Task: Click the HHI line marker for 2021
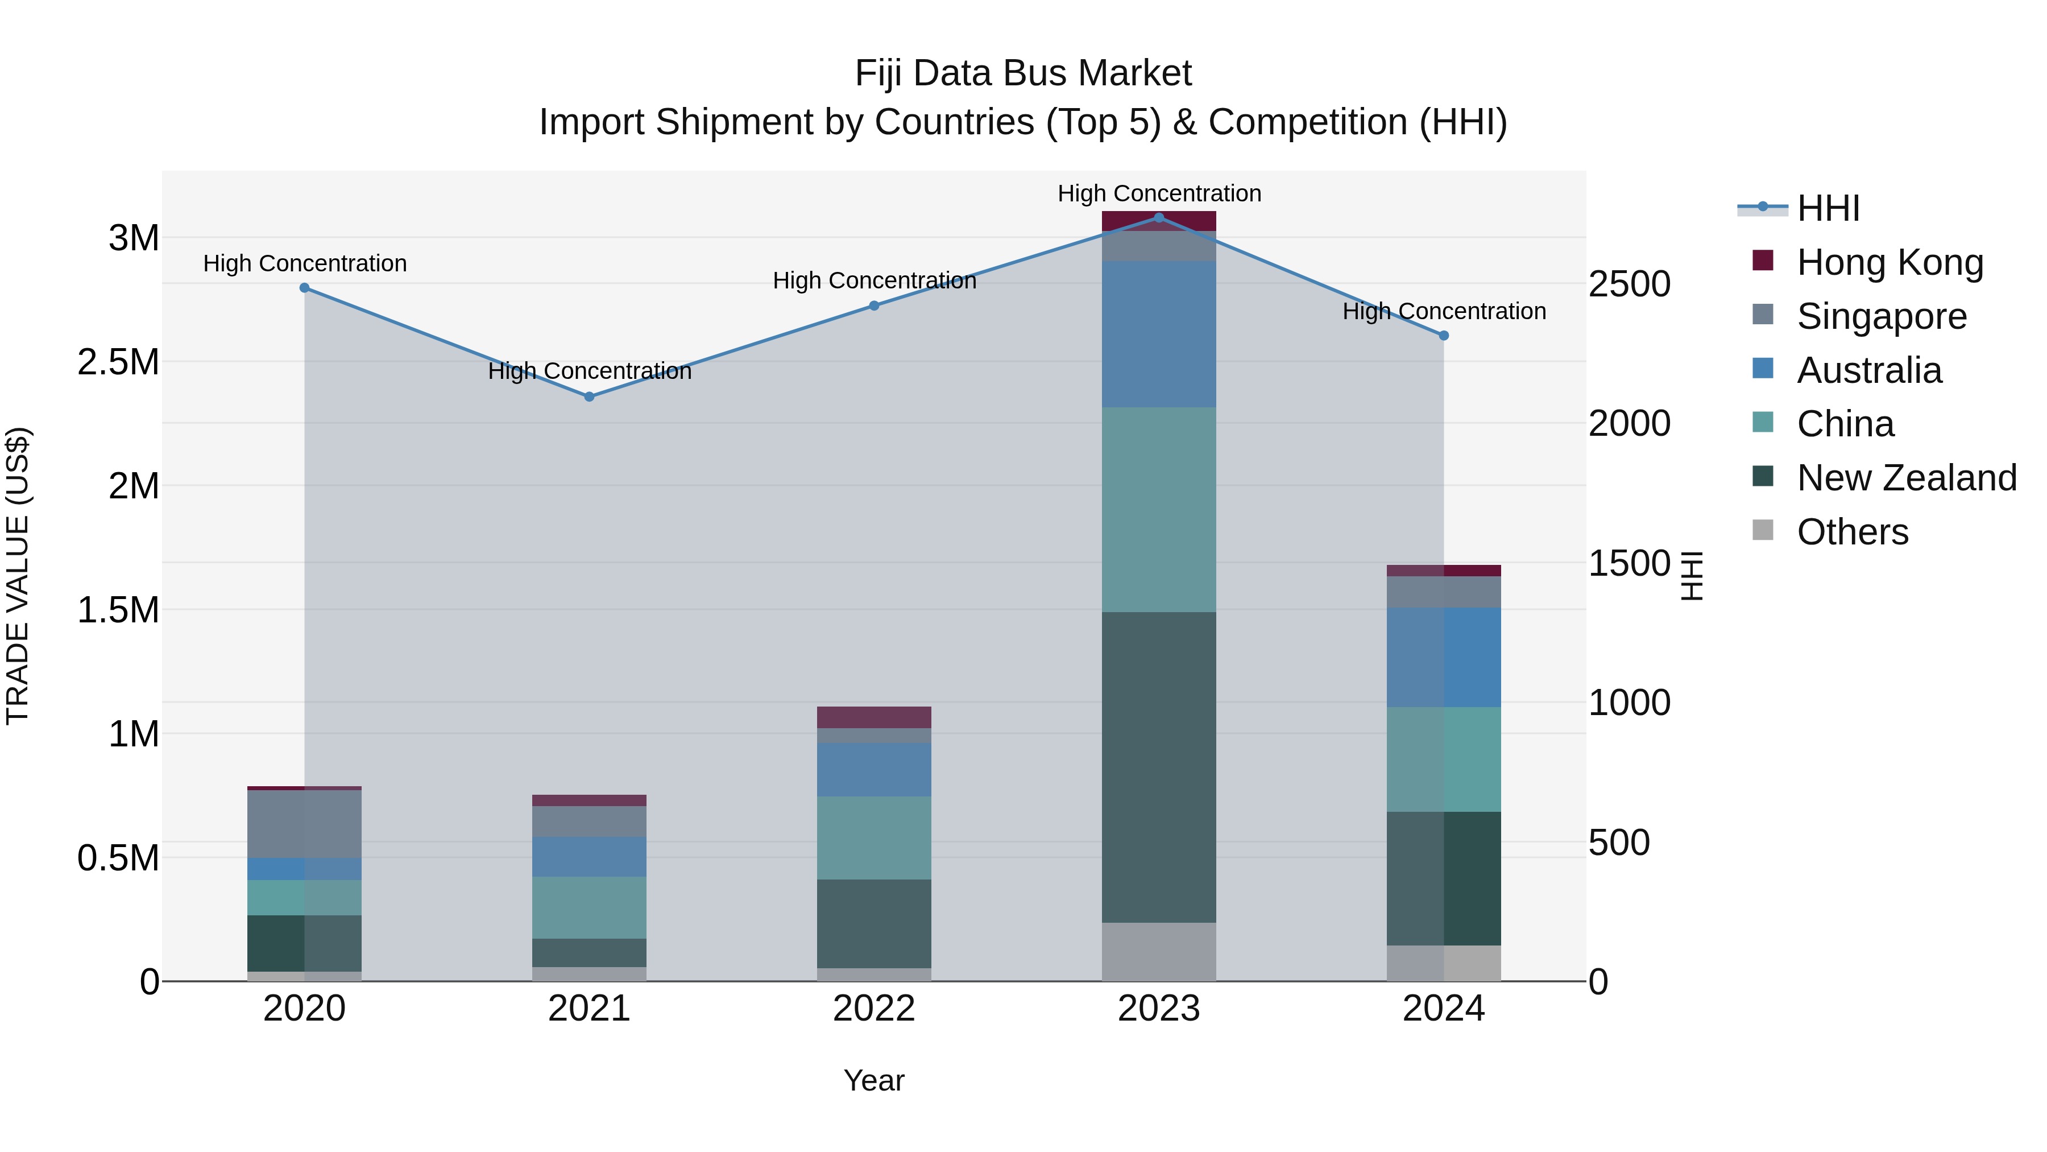tap(589, 396)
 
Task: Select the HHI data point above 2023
tap(1159, 217)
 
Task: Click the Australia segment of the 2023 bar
tap(1159, 334)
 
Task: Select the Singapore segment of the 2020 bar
tap(304, 824)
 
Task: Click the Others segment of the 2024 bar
tap(1443, 963)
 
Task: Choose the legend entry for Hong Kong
tap(1889, 262)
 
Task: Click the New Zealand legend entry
tap(1905, 477)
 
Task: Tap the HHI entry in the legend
tap(1828, 208)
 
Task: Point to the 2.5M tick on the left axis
tap(118, 362)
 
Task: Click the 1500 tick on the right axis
tap(1629, 563)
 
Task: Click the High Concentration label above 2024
tap(1444, 311)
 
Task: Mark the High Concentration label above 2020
tap(304, 263)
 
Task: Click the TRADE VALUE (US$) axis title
tap(18, 576)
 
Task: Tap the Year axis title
tap(873, 1080)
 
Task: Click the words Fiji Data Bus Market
tap(1023, 73)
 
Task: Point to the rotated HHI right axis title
tap(1693, 576)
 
